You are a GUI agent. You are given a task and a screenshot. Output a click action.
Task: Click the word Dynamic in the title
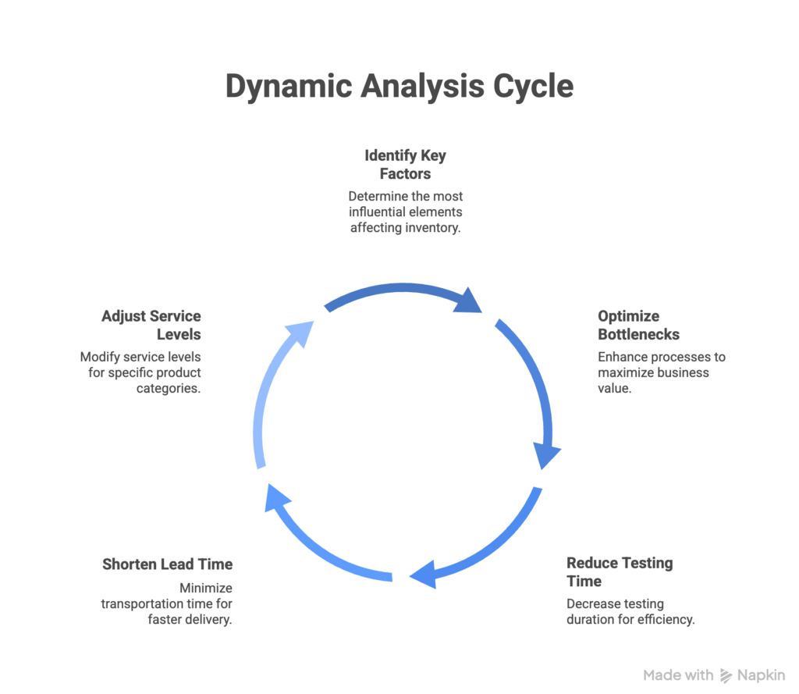point(289,86)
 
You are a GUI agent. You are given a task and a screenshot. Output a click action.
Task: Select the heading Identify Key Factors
point(405,164)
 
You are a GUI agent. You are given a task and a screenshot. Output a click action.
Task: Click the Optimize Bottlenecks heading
point(638,326)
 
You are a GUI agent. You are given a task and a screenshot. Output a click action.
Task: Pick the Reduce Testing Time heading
point(620,572)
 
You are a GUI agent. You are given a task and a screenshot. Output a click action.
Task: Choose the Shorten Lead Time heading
point(167,564)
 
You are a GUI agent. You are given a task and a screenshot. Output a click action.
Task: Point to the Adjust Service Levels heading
point(151,326)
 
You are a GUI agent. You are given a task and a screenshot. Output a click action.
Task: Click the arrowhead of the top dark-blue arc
point(468,301)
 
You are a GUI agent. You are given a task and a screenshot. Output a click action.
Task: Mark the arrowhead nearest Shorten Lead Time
point(277,498)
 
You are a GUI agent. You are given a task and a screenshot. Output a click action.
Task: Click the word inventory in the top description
point(432,228)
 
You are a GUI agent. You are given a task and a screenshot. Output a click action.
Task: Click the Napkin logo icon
point(726,675)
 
